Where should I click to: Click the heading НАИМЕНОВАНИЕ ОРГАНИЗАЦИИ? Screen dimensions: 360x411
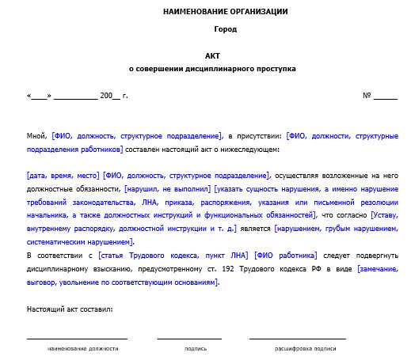[225, 12]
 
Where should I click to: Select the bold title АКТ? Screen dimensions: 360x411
[212, 57]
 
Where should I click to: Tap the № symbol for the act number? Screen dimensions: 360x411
[367, 96]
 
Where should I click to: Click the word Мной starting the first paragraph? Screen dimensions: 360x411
[36, 137]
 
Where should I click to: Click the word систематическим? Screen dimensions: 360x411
[55, 241]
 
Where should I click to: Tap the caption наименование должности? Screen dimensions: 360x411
[82, 348]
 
